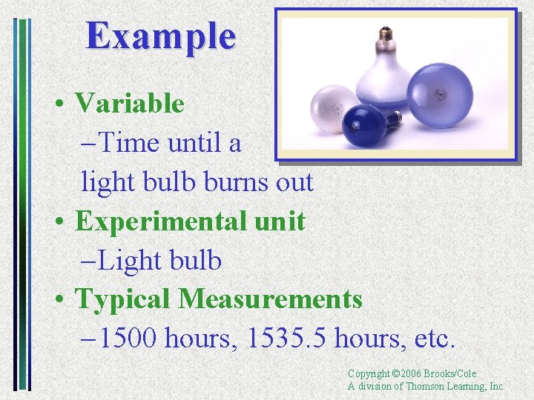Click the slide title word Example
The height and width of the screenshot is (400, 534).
[x=161, y=35]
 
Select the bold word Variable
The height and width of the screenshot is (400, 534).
[x=130, y=103]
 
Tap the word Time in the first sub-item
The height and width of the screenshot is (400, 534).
[x=131, y=142]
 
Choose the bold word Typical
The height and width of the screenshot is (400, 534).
[x=123, y=299]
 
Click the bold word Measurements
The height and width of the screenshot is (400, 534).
[x=270, y=299]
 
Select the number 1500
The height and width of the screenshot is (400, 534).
[x=128, y=339]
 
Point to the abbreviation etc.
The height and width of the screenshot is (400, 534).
[x=434, y=339]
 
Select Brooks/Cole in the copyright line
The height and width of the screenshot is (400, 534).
[x=454, y=374]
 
